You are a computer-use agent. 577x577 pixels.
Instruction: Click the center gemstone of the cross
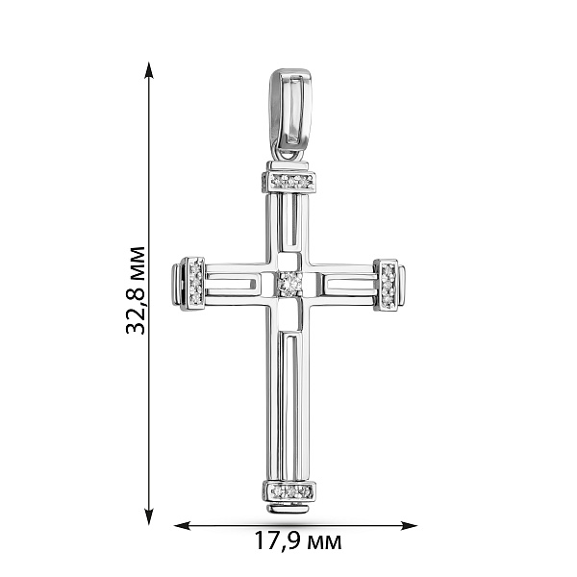[290, 284]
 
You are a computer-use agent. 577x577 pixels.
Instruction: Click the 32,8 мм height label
[136, 290]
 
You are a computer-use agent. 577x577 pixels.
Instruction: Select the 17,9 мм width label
[298, 541]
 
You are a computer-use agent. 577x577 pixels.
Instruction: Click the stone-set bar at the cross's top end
[289, 182]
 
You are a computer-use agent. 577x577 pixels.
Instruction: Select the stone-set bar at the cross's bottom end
[289, 490]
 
